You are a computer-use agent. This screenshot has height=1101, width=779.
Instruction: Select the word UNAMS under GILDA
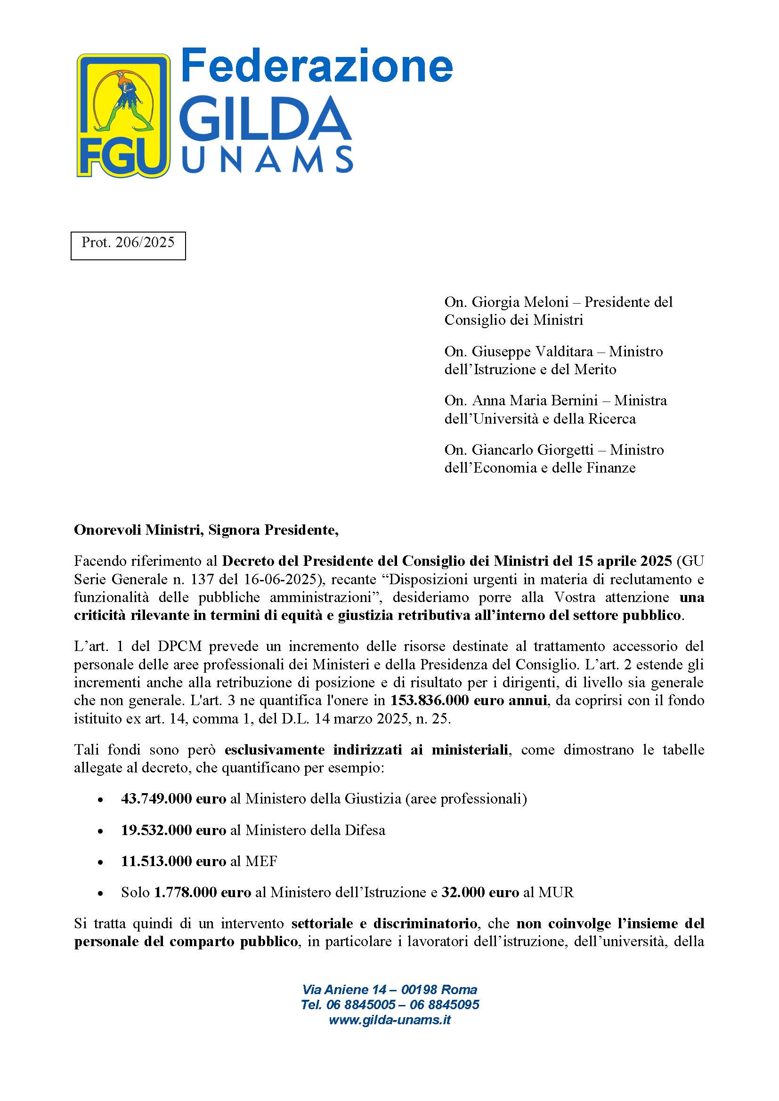(268, 159)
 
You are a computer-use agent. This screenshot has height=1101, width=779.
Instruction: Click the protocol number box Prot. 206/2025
(128, 245)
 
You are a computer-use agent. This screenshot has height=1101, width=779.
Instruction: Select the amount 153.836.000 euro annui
(469, 700)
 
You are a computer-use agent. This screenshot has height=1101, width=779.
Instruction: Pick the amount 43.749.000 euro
(173, 799)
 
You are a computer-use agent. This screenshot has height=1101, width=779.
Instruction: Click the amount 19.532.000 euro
(173, 830)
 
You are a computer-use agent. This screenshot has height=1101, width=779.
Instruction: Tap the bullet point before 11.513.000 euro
(100, 862)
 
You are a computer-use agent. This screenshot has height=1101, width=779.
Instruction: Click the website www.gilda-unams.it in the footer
(389, 1020)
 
